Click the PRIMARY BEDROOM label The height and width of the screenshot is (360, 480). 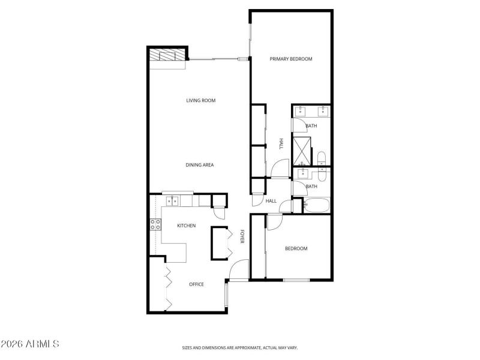[x=291, y=59]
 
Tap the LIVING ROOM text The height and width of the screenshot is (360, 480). [x=200, y=100]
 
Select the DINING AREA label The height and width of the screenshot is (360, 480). [x=200, y=165]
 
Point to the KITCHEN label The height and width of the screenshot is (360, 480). [x=186, y=226]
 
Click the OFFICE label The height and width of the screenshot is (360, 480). [x=196, y=284]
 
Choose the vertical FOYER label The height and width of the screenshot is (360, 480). [x=242, y=236]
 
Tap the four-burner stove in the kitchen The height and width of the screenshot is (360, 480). [x=155, y=225]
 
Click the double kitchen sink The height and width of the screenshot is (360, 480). [x=172, y=200]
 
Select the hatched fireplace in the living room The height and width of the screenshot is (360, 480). [x=167, y=55]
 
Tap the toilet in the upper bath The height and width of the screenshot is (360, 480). [x=322, y=159]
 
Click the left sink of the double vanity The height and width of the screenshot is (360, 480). [x=301, y=111]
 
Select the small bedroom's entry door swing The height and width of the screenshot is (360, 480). [x=274, y=222]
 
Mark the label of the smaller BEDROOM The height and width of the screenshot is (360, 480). [x=296, y=248]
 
